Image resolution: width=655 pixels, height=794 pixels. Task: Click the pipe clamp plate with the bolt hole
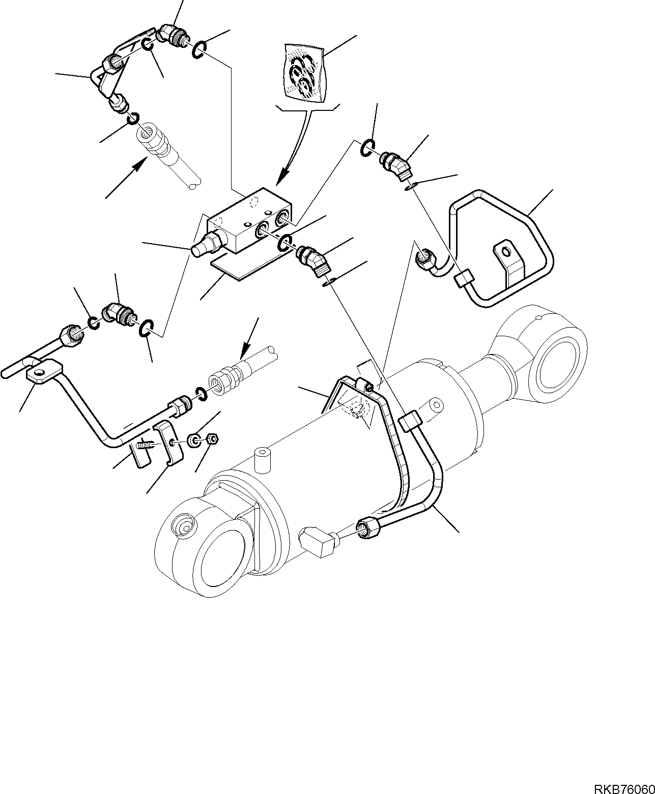167,443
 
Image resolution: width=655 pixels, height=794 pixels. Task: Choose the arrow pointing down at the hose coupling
247,344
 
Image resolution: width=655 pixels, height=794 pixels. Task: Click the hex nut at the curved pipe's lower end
371,527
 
